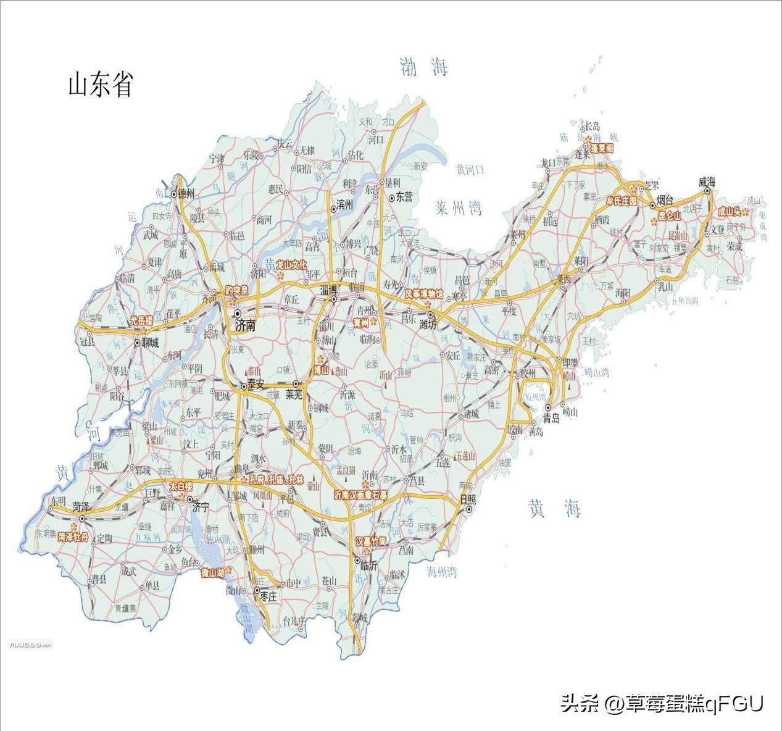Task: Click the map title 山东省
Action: pyautogui.click(x=100, y=85)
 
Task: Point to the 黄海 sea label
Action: pyautogui.click(x=555, y=509)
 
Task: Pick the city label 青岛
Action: pyautogui.click(x=551, y=419)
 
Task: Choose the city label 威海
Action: pyautogui.click(x=707, y=182)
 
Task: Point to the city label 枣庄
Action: pyautogui.click(x=270, y=597)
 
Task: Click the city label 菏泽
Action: pyautogui.click(x=81, y=506)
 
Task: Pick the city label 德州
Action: pyautogui.click(x=185, y=194)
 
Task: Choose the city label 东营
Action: pyautogui.click(x=404, y=198)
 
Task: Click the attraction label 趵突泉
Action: pyautogui.click(x=236, y=290)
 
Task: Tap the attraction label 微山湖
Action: pyautogui.click(x=212, y=572)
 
